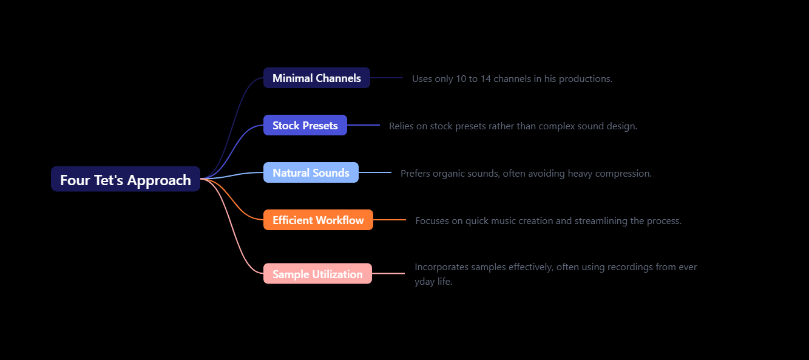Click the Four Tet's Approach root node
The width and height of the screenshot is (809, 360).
(126, 179)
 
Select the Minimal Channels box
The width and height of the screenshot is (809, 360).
(316, 78)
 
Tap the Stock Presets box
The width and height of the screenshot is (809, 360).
(305, 125)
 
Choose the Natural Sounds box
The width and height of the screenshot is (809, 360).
(311, 172)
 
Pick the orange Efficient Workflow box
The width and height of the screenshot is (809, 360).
(318, 220)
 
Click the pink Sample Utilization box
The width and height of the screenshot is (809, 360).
(317, 274)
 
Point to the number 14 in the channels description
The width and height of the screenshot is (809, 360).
(486, 79)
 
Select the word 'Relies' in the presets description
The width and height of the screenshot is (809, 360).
(401, 126)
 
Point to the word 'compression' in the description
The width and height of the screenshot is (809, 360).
(623, 174)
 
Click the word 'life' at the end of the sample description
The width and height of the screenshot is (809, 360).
(443, 282)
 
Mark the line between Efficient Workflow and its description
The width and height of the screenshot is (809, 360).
(390, 220)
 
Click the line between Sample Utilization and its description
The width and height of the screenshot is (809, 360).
(388, 274)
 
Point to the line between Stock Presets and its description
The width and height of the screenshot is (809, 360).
(363, 125)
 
